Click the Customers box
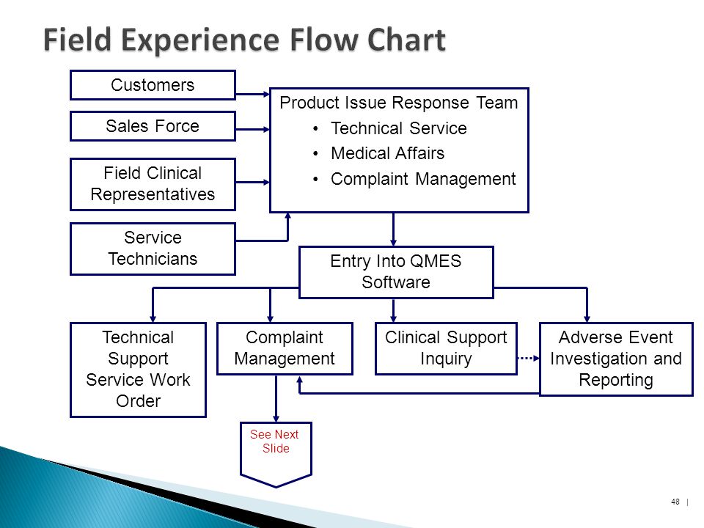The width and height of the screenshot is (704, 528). pos(153,85)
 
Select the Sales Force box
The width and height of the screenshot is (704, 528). pos(153,126)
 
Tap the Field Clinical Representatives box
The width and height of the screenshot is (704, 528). pos(153,184)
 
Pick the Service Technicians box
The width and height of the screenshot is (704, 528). pos(153,249)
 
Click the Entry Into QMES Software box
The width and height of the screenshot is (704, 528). pos(396,272)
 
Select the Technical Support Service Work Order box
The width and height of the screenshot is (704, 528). pos(139,370)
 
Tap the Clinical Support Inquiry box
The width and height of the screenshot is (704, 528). pos(446,348)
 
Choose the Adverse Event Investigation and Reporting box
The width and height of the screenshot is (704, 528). pos(616,359)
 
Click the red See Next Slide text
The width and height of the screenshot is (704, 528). pos(275,441)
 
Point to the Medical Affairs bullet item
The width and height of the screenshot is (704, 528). pos(387,153)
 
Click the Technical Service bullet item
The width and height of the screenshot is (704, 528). pos(399,128)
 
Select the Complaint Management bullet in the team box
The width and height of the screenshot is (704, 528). pos(423,179)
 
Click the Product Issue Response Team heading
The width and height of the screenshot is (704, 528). pos(399,103)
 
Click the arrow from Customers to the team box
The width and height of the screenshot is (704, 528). pos(253,95)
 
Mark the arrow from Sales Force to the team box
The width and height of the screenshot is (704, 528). pos(253,129)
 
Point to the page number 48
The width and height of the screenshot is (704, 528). pos(675,502)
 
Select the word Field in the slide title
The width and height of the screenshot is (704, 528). pos(77,40)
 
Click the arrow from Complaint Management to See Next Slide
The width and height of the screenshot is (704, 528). pos(276,398)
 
